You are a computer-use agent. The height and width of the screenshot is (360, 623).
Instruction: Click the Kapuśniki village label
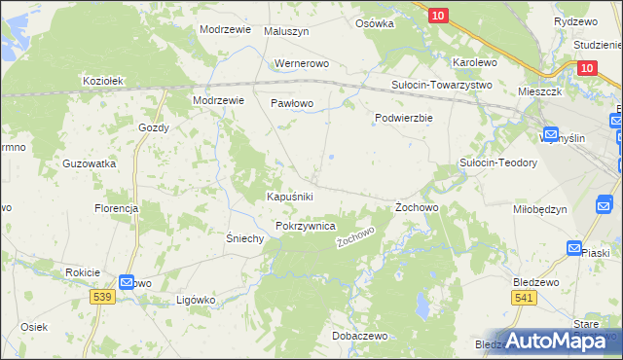pos(289,197)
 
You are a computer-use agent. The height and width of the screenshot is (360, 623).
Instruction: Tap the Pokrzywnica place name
pos(306,226)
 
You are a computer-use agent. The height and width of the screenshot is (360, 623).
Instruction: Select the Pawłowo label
pos(291,102)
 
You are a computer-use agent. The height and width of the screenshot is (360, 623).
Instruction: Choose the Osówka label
pos(375,23)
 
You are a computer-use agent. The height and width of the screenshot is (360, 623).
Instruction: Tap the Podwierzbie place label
pos(404,118)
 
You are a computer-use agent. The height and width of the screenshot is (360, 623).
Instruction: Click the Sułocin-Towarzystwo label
pos(442,85)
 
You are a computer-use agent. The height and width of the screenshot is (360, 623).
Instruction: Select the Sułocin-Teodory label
pos(498,162)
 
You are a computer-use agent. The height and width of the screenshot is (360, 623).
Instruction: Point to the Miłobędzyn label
pos(539,209)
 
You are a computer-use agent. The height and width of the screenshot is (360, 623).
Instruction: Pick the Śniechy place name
pos(245,238)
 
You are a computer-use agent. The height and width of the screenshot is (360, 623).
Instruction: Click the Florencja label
pos(117,209)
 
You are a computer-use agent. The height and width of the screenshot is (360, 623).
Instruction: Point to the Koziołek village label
pos(103,81)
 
